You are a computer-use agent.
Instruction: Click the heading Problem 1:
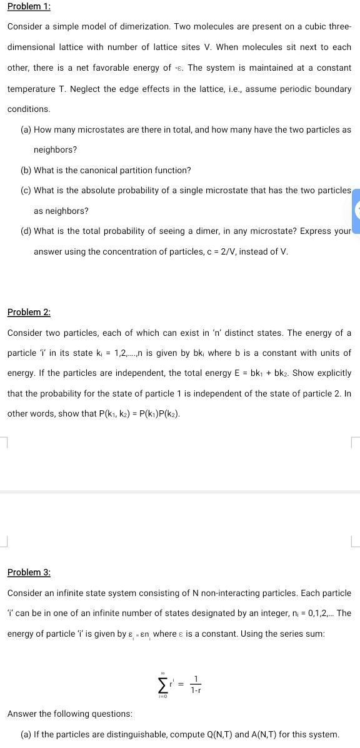29,6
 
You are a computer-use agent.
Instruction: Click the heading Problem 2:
29,312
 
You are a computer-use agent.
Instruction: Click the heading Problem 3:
29,572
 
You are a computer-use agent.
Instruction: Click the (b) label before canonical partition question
26,170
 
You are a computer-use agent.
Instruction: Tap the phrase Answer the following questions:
70,714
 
